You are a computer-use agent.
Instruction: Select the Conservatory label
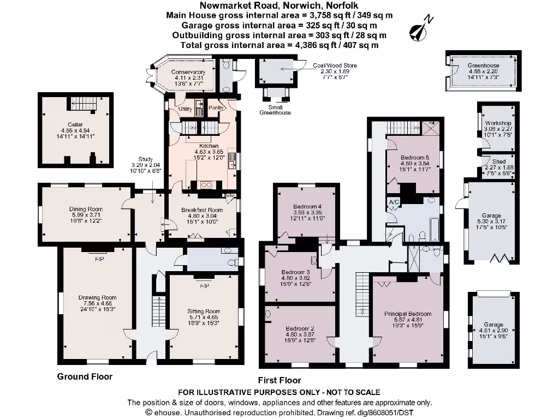[188, 72]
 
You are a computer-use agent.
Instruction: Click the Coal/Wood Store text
[335, 65]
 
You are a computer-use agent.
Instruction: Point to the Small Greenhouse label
[275, 110]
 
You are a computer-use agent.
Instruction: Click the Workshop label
[498, 123]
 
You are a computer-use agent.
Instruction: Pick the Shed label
[498, 161]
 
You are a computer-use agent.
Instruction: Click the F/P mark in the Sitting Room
[205, 286]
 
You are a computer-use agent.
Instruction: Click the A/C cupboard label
[394, 202]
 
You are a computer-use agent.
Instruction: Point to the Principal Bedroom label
[408, 314]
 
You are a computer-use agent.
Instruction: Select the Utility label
[186, 109]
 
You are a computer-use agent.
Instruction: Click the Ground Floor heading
[85, 376]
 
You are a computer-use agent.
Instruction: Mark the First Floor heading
[279, 380]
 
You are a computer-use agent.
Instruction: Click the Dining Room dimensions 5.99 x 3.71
[86, 215]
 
